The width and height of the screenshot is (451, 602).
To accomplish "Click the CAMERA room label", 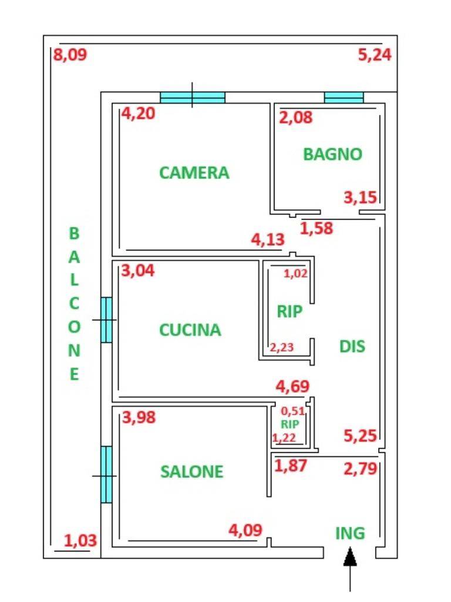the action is click(x=194, y=173).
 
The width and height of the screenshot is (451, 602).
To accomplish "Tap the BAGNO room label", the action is click(x=332, y=155).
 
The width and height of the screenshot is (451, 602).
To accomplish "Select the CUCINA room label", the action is click(x=190, y=330).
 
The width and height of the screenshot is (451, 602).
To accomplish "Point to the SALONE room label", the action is click(x=192, y=472).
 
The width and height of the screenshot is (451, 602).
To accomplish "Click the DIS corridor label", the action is click(x=352, y=346).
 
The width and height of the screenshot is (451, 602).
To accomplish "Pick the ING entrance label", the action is click(x=350, y=533).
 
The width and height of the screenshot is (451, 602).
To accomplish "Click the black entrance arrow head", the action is click(x=350, y=557).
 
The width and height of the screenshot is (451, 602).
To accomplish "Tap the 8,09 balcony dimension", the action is click(x=70, y=55).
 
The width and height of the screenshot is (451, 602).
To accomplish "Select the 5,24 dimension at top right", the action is click(x=375, y=55).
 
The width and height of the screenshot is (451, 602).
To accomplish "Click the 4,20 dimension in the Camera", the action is click(x=138, y=113).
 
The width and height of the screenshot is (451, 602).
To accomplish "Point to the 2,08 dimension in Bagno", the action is click(x=296, y=118).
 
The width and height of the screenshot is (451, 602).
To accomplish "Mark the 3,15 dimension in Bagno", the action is click(x=361, y=198).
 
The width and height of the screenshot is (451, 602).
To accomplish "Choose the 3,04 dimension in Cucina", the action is click(x=137, y=270).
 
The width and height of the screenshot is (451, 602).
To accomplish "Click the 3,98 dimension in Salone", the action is click(x=139, y=417).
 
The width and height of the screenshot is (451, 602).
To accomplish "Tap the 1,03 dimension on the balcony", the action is click(x=80, y=541).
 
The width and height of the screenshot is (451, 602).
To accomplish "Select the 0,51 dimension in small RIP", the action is click(x=293, y=411).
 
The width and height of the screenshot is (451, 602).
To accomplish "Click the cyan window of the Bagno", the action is click(x=344, y=98).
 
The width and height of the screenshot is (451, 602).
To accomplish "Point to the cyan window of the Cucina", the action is click(x=106, y=320).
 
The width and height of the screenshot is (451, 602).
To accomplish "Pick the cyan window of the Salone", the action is click(x=106, y=474).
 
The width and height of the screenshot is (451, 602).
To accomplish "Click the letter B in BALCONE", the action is click(x=74, y=233).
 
